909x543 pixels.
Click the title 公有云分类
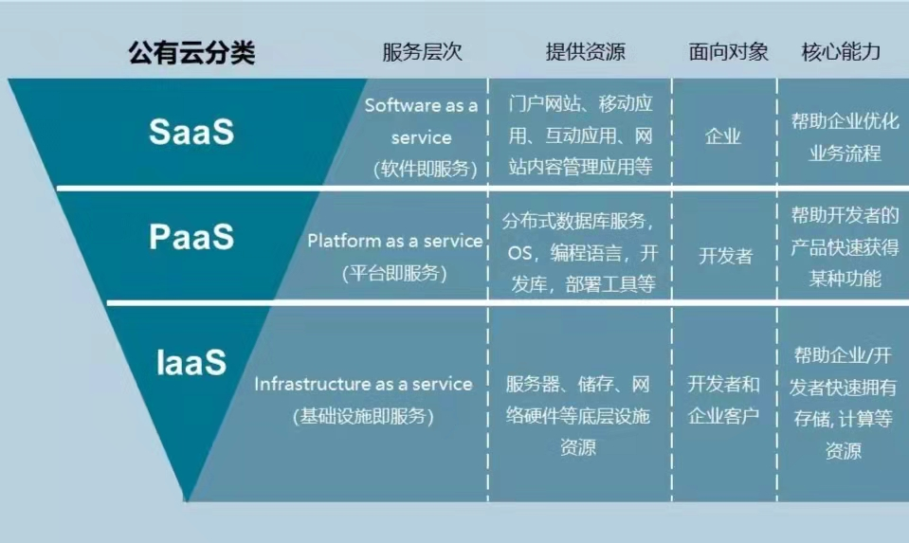coord(191,53)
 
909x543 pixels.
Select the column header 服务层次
coord(422,52)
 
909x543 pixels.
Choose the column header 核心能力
coord(841,52)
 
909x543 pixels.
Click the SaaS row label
coord(191,131)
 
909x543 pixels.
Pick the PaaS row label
coord(191,237)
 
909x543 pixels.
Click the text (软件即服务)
coord(424,169)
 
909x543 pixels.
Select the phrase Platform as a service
coord(394,241)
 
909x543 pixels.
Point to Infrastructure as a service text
coord(363,384)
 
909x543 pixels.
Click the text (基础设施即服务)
coord(363,415)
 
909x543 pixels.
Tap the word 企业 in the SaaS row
coord(723,136)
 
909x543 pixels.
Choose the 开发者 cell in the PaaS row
coord(726,256)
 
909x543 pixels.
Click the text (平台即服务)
coord(394,273)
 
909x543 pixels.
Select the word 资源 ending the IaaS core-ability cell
coord(843,451)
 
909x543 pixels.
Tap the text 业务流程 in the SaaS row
coord(844,153)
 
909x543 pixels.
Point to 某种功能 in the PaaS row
coord(844,279)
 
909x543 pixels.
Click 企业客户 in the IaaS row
coord(723,415)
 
